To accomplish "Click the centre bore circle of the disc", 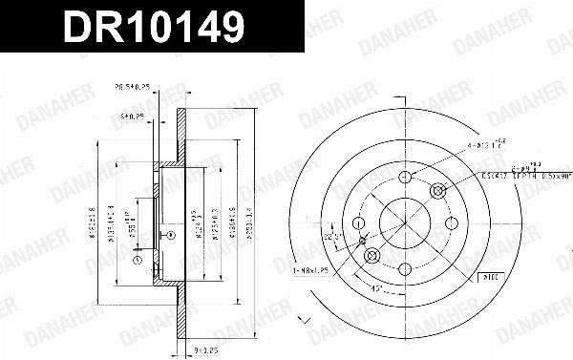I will coord(405,222).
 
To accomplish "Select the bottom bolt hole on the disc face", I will coord(405,269).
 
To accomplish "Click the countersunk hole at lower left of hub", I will coord(372,256).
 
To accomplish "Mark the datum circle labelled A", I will coord(136,259).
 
